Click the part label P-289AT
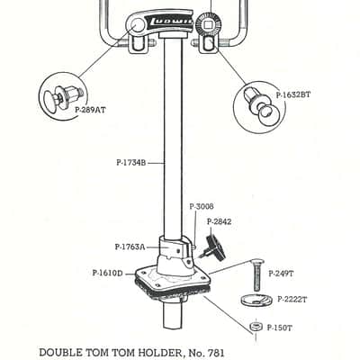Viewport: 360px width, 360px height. pyautogui.click(x=90, y=110)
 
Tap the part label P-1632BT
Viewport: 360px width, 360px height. pyautogui.click(x=293, y=94)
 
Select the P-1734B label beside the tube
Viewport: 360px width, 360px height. pyautogui.click(x=131, y=163)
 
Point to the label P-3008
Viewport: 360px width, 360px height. pyautogui.click(x=202, y=206)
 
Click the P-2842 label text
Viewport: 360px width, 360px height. pyautogui.click(x=219, y=221)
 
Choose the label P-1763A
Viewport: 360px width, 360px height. pyautogui.click(x=130, y=247)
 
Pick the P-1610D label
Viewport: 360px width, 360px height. pyautogui.click(x=108, y=274)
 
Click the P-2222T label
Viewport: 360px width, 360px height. pyautogui.click(x=292, y=300)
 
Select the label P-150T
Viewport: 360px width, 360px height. pyautogui.click(x=279, y=328)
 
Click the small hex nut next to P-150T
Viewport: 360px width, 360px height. pyautogui.click(x=256, y=327)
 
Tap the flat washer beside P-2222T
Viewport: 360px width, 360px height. pyautogui.click(x=256, y=301)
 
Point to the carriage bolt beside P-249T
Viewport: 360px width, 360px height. pyautogui.click(x=256, y=275)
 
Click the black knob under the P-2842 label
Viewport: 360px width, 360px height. pyautogui.click(x=216, y=247)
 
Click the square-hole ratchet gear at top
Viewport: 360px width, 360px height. pyautogui.click(x=208, y=23)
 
